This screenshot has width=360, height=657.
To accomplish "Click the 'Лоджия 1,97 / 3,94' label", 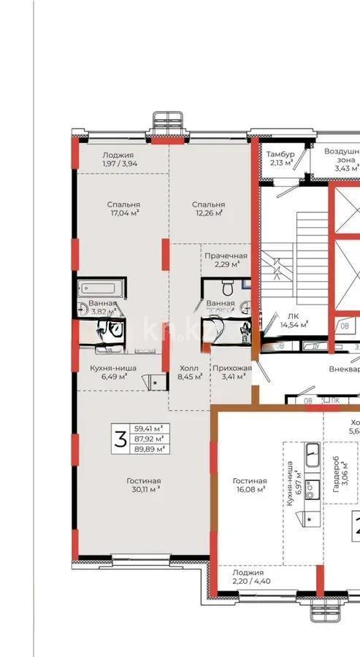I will [x=118, y=159].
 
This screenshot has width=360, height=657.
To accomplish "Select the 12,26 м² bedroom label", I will [x=208, y=210].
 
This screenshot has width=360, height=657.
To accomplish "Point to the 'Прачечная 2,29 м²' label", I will [x=226, y=261].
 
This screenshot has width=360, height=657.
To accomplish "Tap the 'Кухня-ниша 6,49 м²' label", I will [x=108, y=372].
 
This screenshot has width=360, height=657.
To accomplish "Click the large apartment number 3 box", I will [x=119, y=439].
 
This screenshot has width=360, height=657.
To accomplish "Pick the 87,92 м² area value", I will [x=148, y=439].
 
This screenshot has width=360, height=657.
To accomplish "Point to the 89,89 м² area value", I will [x=148, y=450].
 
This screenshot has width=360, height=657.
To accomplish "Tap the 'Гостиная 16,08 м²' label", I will [x=249, y=485].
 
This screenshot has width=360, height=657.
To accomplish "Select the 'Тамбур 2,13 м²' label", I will [x=280, y=158].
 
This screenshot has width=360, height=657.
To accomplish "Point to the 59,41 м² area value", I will [x=148, y=429].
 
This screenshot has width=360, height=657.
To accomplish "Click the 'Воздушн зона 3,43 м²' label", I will [x=341, y=159].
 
